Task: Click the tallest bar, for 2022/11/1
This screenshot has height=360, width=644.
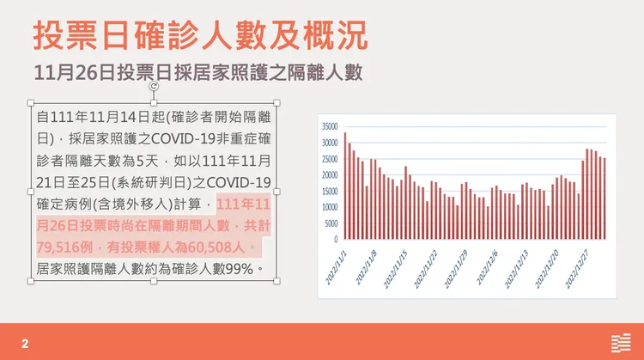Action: pos(345,186)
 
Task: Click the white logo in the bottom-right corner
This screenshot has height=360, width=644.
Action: pos(619,342)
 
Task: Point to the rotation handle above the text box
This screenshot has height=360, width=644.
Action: pos(154,86)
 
